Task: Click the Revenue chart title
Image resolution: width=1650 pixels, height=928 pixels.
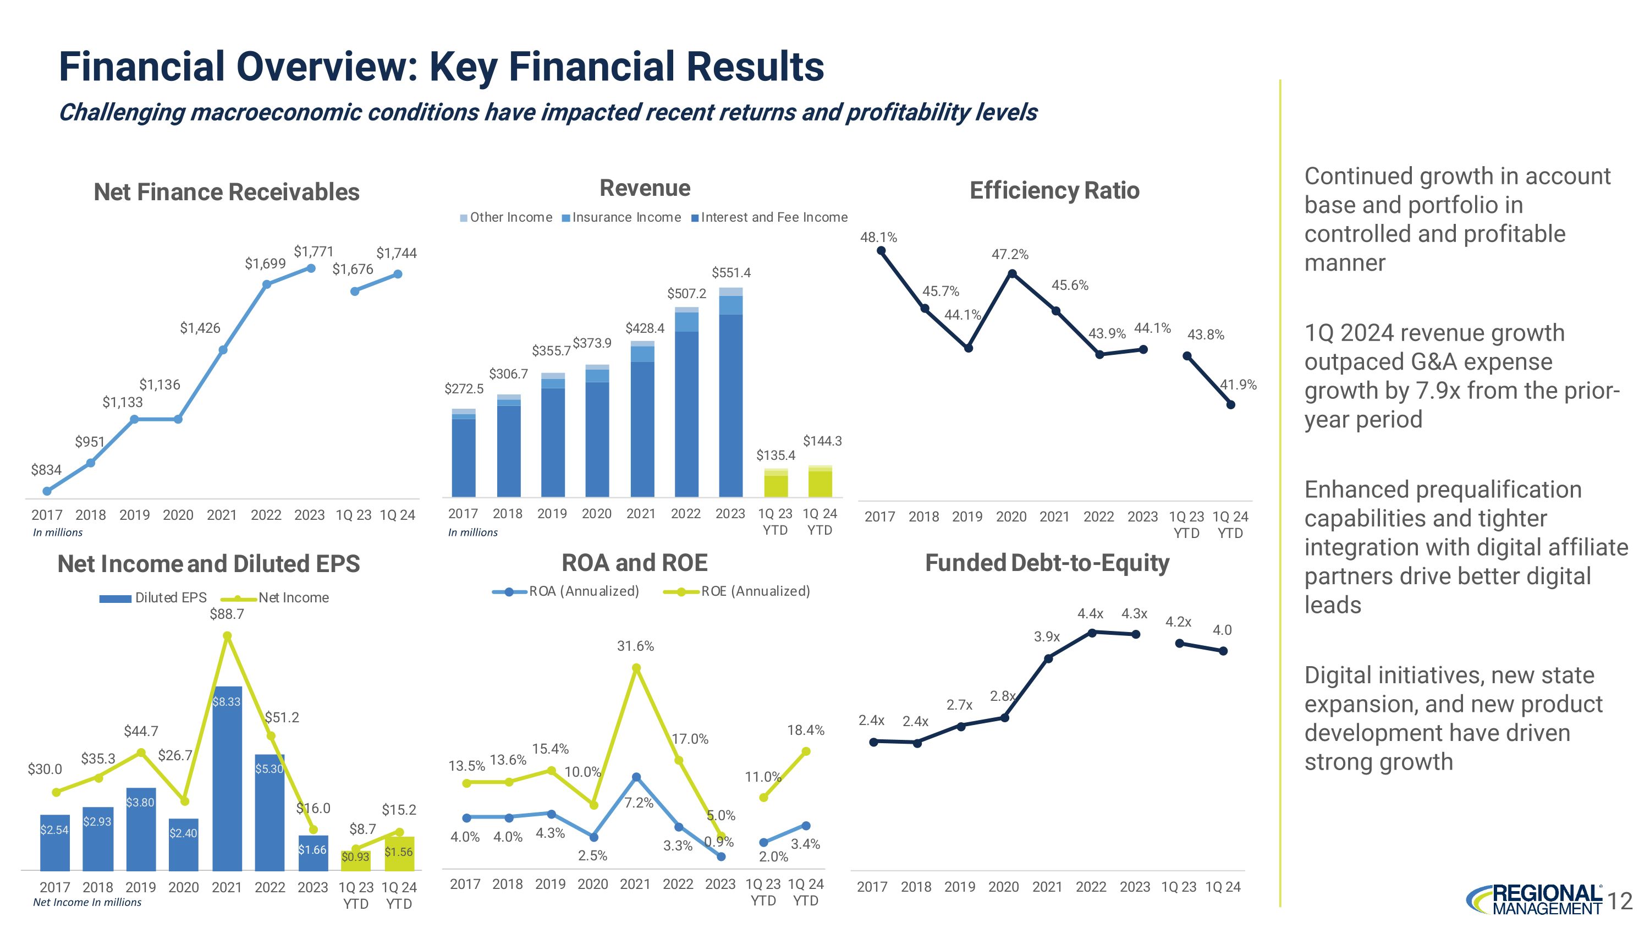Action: click(645, 188)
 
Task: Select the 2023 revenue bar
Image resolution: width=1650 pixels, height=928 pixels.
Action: click(730, 397)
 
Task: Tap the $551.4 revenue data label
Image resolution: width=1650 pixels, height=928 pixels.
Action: click(731, 273)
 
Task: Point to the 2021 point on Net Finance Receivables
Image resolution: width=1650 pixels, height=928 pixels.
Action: click(223, 350)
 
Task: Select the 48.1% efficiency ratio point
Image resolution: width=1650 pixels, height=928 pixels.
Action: click(881, 251)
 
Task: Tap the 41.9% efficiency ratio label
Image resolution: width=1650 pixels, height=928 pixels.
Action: click(1237, 385)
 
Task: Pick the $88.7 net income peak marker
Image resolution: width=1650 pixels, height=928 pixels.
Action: click(227, 636)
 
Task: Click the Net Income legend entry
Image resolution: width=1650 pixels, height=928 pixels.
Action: click(282, 598)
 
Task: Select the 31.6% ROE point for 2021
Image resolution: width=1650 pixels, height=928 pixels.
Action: click(636, 668)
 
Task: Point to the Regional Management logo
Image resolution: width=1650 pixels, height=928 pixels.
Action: click(1533, 899)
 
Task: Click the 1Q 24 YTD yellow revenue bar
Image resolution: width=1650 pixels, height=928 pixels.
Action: click(820, 482)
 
